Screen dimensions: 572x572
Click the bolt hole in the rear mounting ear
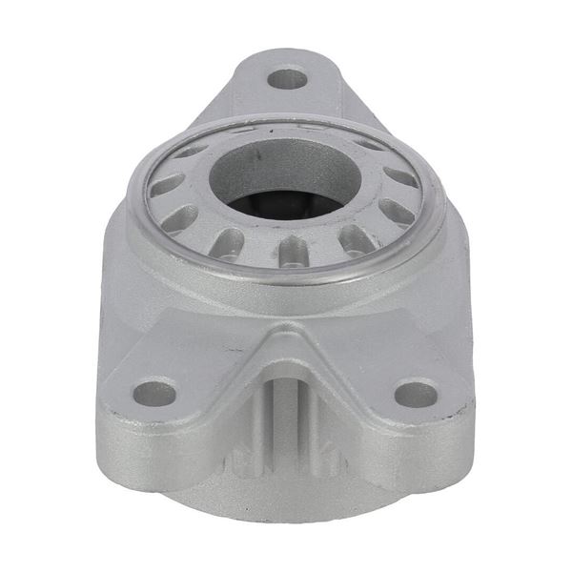click(287, 78)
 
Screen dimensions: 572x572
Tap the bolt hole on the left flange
click(154, 391)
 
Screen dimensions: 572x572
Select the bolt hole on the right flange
click(416, 392)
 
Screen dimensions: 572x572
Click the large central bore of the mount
click(276, 181)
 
